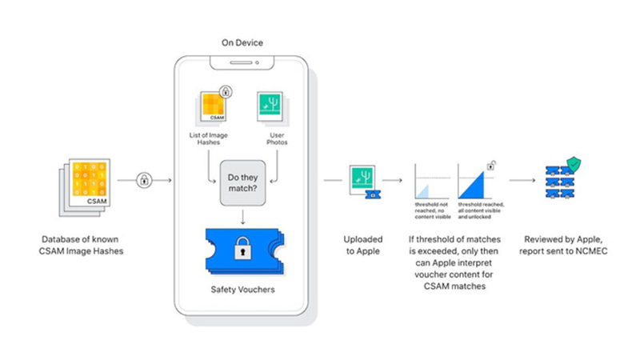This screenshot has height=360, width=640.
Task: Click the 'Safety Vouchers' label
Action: point(241,289)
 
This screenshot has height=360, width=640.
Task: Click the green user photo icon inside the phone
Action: point(270,107)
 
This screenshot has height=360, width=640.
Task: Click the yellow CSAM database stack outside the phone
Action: point(82,183)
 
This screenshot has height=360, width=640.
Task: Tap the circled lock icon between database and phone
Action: point(145,180)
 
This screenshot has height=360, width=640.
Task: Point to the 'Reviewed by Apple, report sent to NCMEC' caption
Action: point(561,246)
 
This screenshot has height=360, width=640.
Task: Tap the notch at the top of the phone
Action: point(241,61)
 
